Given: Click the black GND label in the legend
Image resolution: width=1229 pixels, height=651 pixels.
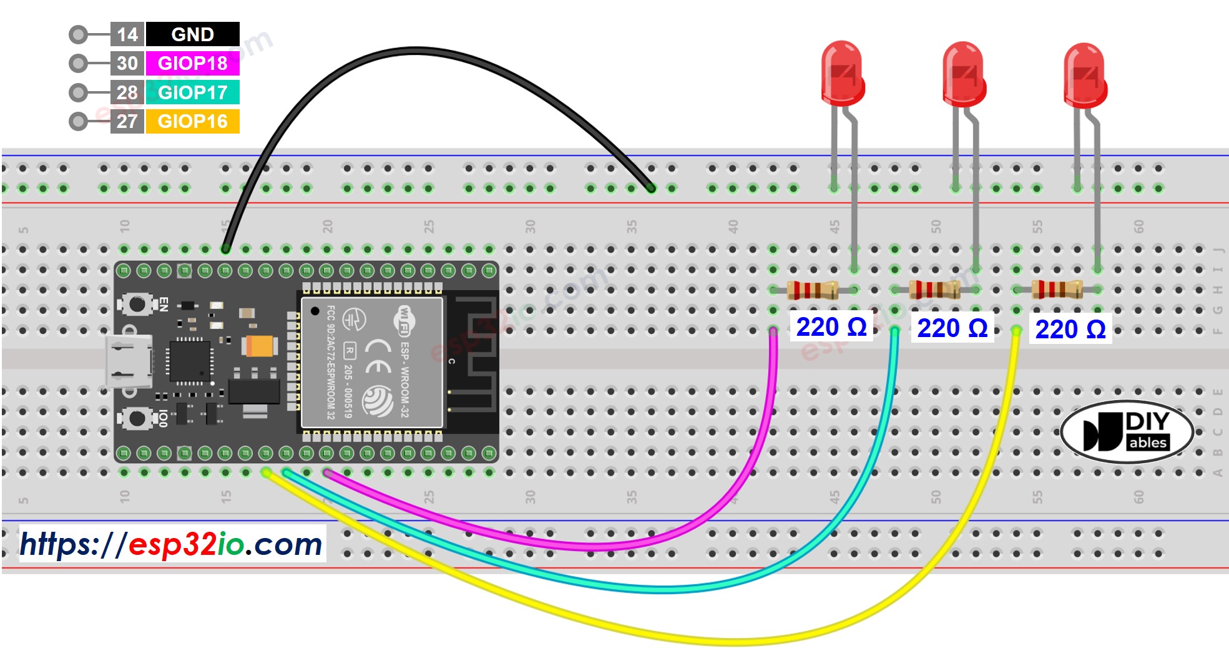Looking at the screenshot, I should coord(192,34).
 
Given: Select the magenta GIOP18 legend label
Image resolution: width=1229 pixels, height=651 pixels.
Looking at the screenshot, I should coord(192,63).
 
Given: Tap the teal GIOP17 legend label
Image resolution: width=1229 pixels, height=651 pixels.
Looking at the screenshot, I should coord(192,92).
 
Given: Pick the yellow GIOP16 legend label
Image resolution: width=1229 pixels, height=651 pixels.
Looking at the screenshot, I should coord(192,121).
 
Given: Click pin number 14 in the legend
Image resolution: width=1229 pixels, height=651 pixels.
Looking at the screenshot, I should coord(127,34).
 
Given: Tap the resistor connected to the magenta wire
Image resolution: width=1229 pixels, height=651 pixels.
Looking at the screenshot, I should coord(813,290).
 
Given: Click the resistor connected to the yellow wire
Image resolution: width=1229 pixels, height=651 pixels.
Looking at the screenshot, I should coord(1056,290).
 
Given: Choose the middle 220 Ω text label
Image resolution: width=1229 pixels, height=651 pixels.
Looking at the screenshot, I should coord(952,328).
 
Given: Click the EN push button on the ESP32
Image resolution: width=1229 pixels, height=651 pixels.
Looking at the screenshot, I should coord(137,305).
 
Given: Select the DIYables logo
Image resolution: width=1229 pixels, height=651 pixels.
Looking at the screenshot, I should coord(1127,431).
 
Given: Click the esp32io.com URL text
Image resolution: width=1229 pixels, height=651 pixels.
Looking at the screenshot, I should coord(171,544).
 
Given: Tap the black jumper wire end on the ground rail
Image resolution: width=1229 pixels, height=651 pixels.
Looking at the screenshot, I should coord(651,188).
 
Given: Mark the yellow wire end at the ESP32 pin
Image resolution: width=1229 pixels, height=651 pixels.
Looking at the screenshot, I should coord(267,472).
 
